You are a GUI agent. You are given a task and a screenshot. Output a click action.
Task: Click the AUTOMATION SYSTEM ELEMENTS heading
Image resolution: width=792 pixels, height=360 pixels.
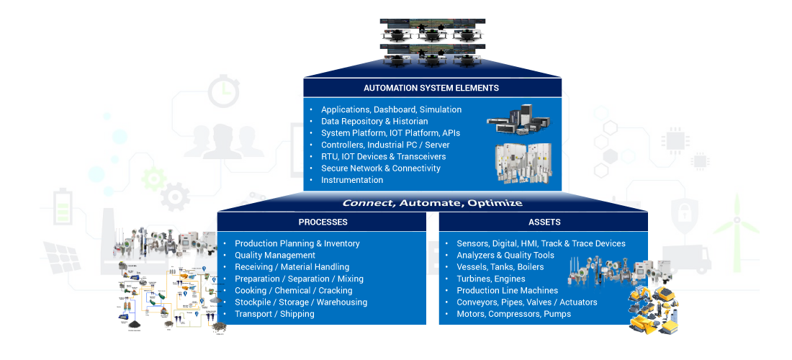(431, 89)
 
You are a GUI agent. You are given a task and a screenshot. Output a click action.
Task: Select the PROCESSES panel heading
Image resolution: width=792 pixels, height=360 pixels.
(323, 222)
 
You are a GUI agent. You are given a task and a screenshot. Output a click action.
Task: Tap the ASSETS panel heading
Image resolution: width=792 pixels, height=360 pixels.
(544, 222)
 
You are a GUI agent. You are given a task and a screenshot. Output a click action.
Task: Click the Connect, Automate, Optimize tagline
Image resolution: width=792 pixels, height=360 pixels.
(432, 203)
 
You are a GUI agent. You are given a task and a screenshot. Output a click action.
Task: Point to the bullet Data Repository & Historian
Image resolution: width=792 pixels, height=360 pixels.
(374, 122)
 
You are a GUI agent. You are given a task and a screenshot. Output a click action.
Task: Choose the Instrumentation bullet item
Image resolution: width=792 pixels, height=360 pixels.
(352, 180)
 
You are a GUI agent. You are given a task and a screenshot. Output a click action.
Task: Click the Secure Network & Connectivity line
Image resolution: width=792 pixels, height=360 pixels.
(381, 168)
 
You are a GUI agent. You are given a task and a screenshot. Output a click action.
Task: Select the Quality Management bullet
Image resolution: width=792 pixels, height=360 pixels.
(275, 256)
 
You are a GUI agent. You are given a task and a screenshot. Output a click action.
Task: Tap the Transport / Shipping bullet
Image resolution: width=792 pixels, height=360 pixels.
(274, 314)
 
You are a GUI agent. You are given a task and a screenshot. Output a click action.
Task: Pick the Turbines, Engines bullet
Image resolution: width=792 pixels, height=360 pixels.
(491, 279)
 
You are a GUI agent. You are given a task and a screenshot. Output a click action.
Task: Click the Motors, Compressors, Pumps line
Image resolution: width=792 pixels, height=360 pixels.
(513, 314)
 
